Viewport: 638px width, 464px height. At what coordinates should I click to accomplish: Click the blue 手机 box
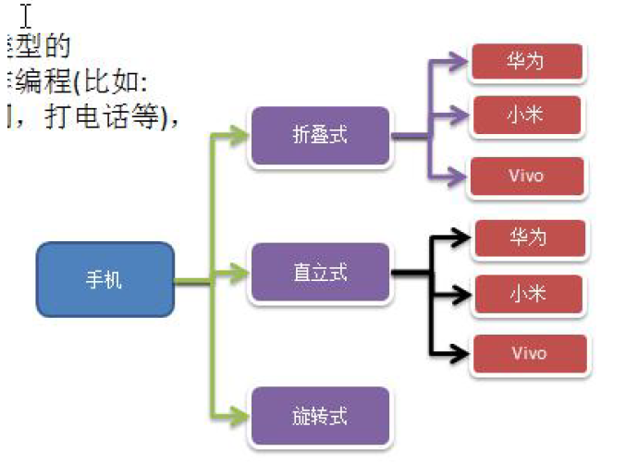[x=104, y=279]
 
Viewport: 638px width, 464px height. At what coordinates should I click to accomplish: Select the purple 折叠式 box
[x=320, y=135]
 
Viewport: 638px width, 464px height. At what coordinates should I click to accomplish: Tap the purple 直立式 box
[x=320, y=274]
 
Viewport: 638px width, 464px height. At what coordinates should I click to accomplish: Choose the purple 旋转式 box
[x=320, y=416]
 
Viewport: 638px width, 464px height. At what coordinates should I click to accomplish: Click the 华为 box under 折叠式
[x=526, y=61]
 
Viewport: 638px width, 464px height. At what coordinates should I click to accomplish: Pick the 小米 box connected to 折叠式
[x=526, y=116]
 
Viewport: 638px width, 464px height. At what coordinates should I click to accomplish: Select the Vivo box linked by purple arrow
[x=526, y=176]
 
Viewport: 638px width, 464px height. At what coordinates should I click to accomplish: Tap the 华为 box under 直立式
[x=529, y=238]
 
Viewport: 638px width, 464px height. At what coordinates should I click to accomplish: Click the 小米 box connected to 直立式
[x=529, y=295]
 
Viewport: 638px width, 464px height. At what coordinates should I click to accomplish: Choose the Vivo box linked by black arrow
[x=529, y=354]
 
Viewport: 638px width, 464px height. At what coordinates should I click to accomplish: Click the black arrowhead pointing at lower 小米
[x=461, y=297]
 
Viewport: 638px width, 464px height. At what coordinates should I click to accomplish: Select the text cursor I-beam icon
[x=26, y=16]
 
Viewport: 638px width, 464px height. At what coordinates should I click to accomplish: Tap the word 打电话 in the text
[x=80, y=118]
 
